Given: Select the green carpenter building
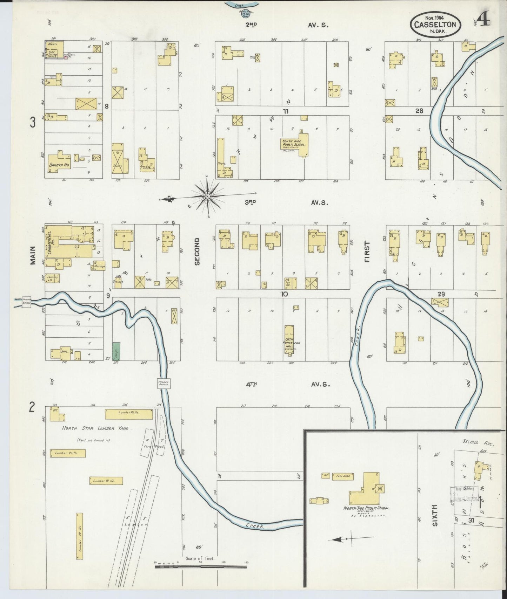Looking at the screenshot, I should (116, 351).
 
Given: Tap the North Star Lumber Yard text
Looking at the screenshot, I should (95, 428).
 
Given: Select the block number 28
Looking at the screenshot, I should (419, 111).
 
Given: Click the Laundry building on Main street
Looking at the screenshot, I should (52, 278).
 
